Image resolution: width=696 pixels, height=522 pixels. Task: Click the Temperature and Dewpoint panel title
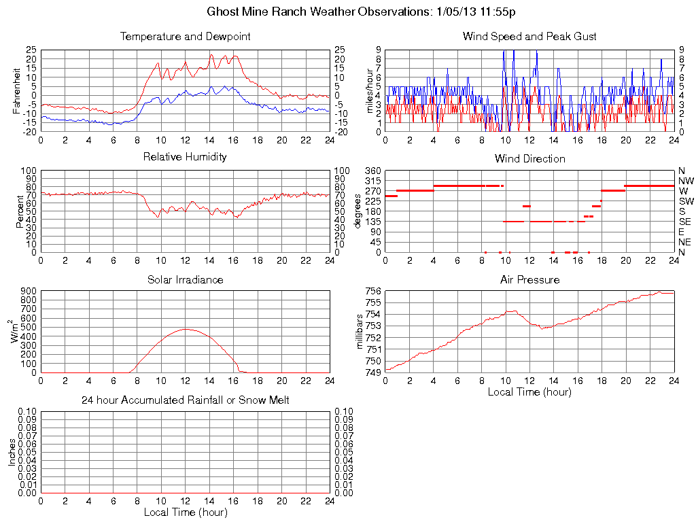[x=185, y=37]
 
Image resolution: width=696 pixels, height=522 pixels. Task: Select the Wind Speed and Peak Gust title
[x=529, y=37]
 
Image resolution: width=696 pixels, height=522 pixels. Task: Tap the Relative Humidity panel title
[x=185, y=157]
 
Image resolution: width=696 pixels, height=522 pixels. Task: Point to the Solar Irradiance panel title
[x=185, y=280]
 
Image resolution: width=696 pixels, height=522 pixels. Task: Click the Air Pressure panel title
[x=529, y=280]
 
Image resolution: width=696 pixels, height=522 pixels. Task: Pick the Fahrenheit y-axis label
[x=17, y=91]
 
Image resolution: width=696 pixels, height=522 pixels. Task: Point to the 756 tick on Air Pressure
[x=372, y=292]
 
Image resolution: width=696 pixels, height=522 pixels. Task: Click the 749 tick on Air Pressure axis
[x=372, y=372]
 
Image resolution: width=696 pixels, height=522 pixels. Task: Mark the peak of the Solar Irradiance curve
[x=185, y=329]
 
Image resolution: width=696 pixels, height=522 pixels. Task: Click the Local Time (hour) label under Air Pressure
[x=529, y=392]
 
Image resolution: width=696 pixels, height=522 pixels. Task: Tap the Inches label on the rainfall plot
[x=12, y=452]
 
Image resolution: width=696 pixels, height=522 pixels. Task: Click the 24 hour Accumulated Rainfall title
[x=185, y=400]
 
